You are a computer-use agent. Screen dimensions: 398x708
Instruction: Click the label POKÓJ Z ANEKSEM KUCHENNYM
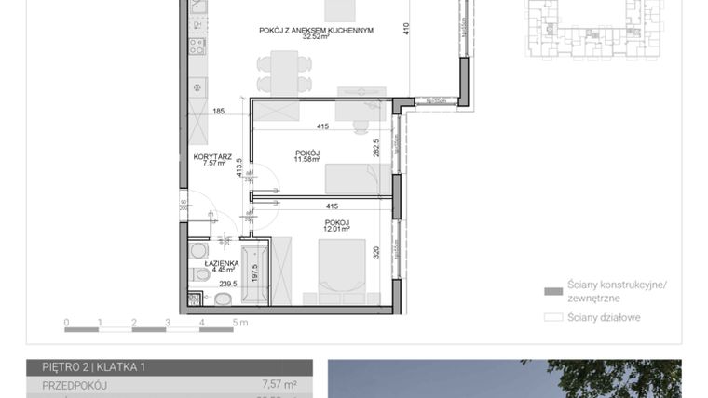[x=316, y=30]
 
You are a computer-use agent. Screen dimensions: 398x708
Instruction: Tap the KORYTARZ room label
[x=212, y=157]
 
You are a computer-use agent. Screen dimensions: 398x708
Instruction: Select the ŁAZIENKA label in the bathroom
[x=220, y=263]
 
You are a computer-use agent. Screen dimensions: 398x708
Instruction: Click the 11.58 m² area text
[x=308, y=159]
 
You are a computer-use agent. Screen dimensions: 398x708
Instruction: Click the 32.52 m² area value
[x=317, y=38]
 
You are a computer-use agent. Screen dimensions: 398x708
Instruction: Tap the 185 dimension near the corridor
[x=219, y=112]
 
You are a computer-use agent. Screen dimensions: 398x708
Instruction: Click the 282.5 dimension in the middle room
[x=377, y=148]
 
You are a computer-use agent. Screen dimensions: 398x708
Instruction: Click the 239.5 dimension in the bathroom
[x=227, y=285]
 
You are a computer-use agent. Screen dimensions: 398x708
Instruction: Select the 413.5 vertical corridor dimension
[x=239, y=166]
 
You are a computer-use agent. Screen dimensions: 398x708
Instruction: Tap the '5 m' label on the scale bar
[x=241, y=324]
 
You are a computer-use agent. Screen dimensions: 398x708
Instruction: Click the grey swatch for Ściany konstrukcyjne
[x=552, y=289]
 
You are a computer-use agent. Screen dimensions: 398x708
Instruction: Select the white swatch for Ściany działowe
[x=552, y=317]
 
